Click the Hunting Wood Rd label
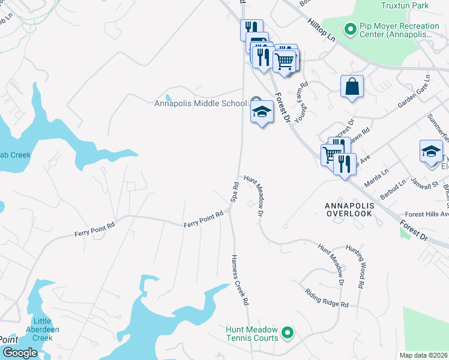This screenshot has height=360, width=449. pyautogui.click(x=360, y=268)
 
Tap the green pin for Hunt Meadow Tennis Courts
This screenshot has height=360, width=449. pyautogui.click(x=288, y=331)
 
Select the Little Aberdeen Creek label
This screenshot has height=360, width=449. pyautogui.click(x=39, y=329)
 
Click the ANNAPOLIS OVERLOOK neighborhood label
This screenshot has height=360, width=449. pyautogui.click(x=349, y=209)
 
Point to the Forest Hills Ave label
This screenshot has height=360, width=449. pyautogui.click(x=427, y=214)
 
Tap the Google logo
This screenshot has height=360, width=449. pyautogui.click(x=19, y=353)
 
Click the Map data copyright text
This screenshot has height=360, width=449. pyautogui.click(x=424, y=355)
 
